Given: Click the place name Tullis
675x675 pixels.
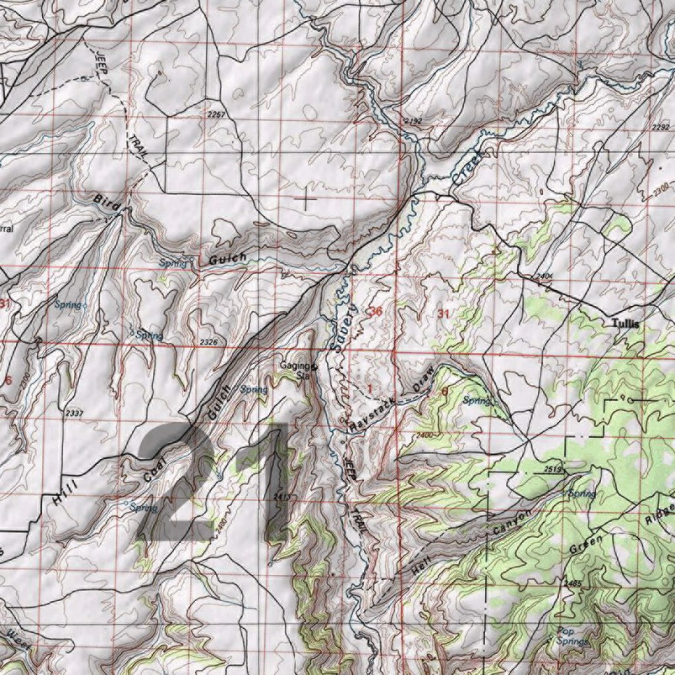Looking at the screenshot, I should pyautogui.click(x=626, y=324).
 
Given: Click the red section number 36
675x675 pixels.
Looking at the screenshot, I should pyautogui.click(x=376, y=312).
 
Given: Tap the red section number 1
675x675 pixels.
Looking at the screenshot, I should pyautogui.click(x=369, y=389).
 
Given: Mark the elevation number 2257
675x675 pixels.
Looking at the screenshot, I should pyautogui.click(x=216, y=115).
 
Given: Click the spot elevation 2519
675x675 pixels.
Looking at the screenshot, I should pyautogui.click(x=552, y=469).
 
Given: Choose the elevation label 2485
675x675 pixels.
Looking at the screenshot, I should pyautogui.click(x=574, y=583).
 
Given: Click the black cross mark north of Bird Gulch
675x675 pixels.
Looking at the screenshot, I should pyautogui.click(x=306, y=198).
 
